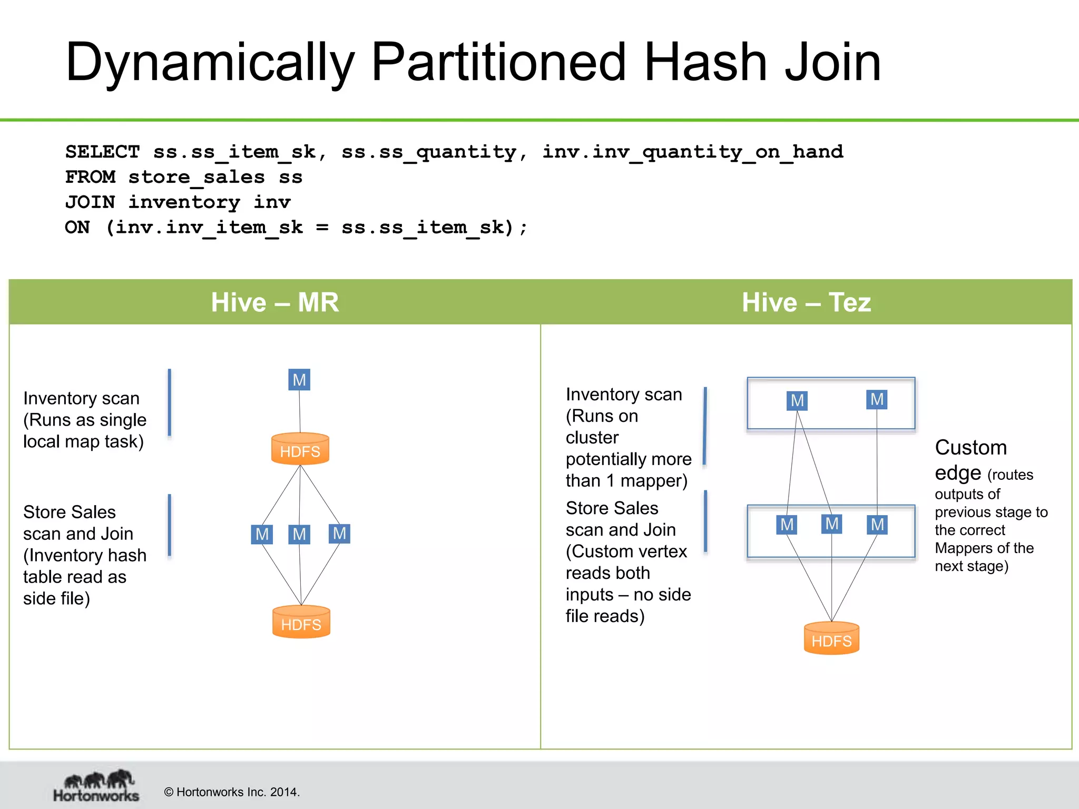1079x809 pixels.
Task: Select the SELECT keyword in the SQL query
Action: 102,152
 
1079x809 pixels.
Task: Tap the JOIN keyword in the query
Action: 90,202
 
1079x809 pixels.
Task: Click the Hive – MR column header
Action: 274,302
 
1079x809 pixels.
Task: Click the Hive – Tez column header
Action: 806,302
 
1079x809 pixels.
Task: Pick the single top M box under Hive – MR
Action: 299,380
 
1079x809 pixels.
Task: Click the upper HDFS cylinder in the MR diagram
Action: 300,449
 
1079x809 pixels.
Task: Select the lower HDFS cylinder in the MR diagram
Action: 301,623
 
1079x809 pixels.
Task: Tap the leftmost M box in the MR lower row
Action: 262,535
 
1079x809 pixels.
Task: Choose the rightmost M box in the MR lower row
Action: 339,534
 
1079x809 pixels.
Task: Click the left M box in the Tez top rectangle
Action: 797,401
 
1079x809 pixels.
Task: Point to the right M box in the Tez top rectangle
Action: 877,399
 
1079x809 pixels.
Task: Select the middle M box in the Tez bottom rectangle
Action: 831,524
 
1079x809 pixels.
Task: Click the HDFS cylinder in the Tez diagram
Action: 831,639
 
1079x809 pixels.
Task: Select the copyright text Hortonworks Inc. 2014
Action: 232,792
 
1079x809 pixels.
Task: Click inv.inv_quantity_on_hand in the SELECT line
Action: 692,152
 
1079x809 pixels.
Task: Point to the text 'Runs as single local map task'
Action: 84,431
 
